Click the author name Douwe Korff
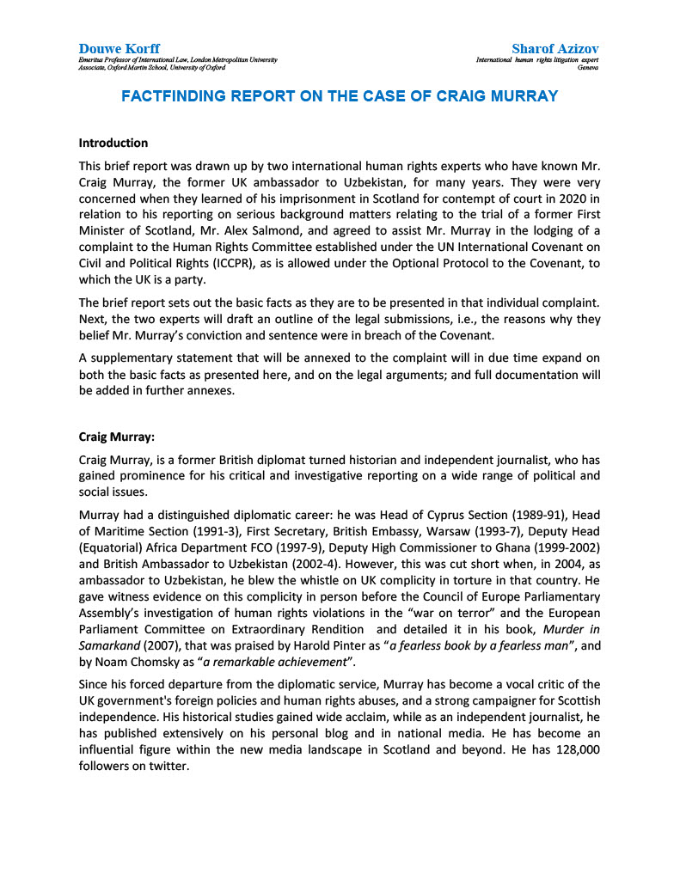[119, 48]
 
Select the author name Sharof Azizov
[554, 48]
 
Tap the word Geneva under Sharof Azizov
[588, 67]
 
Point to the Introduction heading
[113, 143]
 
